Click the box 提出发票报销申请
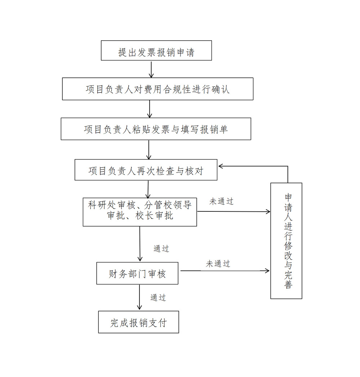tap(156, 50)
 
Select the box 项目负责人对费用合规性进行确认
tap(157, 89)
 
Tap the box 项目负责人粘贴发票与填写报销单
tap(156, 129)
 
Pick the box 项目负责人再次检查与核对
tap(146, 170)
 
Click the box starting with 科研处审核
tap(139, 212)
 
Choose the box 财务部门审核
tap(137, 273)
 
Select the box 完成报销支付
tap(138, 322)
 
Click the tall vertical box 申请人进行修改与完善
tap(286, 241)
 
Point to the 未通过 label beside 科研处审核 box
tap(222, 201)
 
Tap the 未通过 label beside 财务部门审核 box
tap(218, 264)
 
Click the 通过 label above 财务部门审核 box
tap(161, 248)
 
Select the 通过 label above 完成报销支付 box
tap(158, 297)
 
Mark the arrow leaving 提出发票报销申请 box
tap(151, 69)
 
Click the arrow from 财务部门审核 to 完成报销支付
tap(139, 297)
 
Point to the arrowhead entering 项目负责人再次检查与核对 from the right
tap(221, 166)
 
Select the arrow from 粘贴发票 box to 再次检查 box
tap(149, 149)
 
